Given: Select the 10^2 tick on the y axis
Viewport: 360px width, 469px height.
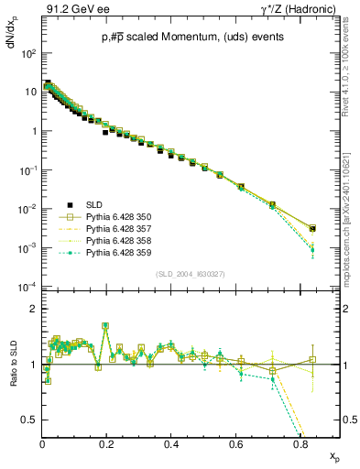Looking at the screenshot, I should click(28, 53).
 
